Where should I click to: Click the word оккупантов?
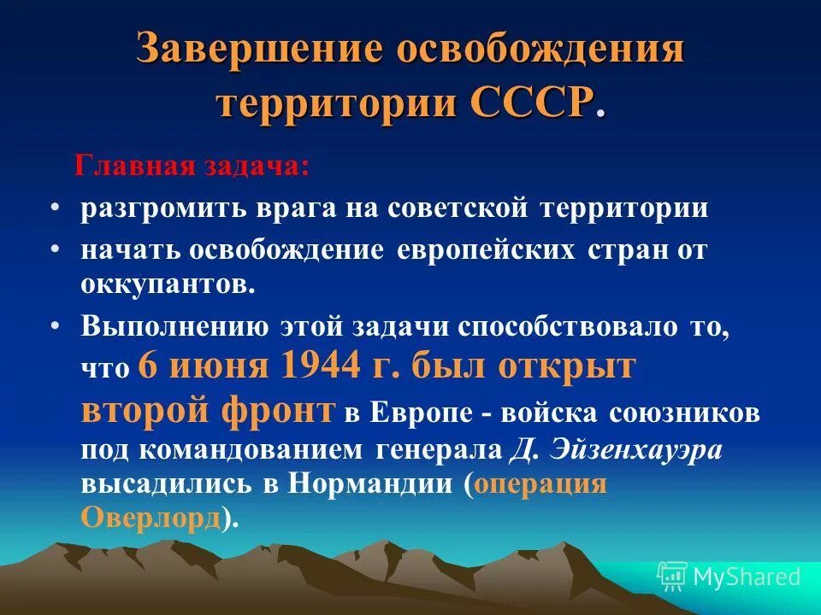168,284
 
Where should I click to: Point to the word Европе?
422,413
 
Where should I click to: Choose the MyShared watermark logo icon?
672,577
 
